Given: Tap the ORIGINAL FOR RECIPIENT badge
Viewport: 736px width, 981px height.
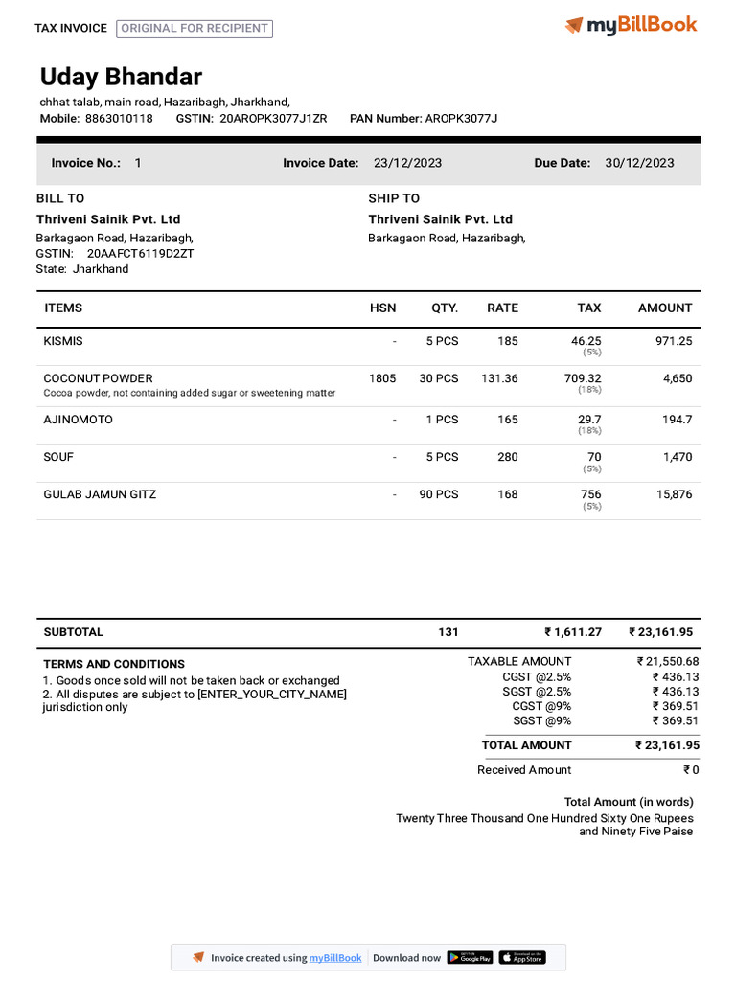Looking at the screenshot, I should pyautogui.click(x=195, y=29).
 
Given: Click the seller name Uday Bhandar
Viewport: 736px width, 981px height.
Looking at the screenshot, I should pyautogui.click(x=121, y=78).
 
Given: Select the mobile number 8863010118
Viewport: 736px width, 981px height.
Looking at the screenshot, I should pyautogui.click(x=119, y=119).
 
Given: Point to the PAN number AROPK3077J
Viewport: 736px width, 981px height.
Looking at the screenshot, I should pyautogui.click(x=461, y=119).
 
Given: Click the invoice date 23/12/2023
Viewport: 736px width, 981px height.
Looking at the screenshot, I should pyautogui.click(x=407, y=163).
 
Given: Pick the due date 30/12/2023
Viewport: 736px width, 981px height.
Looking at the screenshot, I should pyautogui.click(x=639, y=163).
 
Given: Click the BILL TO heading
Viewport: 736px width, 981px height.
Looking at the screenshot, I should pyautogui.click(x=60, y=198).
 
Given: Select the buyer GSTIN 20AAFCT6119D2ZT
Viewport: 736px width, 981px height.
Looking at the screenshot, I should pyautogui.click(x=141, y=254).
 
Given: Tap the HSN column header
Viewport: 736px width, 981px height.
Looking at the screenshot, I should pyautogui.click(x=382, y=308).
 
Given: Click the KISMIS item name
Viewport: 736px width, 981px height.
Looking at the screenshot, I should pyautogui.click(x=63, y=341).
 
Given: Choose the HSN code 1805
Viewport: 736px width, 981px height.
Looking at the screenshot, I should pyautogui.click(x=381, y=378).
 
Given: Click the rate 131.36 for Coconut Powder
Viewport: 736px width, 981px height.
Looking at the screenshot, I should pyautogui.click(x=498, y=378).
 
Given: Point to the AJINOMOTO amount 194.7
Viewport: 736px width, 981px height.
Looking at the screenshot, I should pyautogui.click(x=676, y=420).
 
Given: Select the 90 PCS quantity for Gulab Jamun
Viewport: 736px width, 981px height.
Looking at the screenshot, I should pyautogui.click(x=438, y=494).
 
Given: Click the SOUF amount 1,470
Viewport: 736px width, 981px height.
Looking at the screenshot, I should pyautogui.click(x=677, y=457).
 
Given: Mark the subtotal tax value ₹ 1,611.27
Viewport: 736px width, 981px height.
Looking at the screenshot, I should pyautogui.click(x=573, y=632).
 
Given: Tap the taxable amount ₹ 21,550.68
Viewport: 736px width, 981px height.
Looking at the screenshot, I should pyautogui.click(x=668, y=662).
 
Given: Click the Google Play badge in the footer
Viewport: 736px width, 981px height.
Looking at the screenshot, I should pyautogui.click(x=470, y=957).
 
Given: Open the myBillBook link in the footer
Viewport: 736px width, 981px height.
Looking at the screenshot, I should pyautogui.click(x=334, y=958).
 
